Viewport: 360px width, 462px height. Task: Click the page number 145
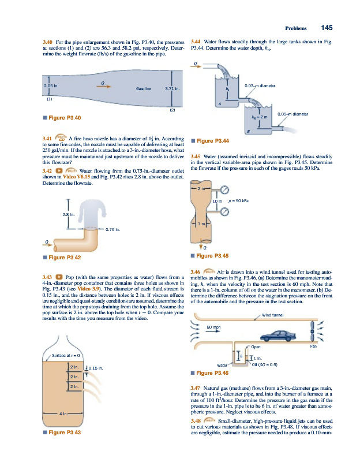tap(327, 28)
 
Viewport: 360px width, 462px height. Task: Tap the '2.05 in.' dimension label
tap(53, 86)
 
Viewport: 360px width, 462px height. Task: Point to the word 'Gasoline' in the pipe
tap(144, 89)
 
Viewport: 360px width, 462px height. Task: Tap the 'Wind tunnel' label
tap(274, 315)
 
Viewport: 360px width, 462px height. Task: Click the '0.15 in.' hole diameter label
tap(95, 367)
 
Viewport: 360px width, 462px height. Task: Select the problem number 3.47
tap(195, 386)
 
